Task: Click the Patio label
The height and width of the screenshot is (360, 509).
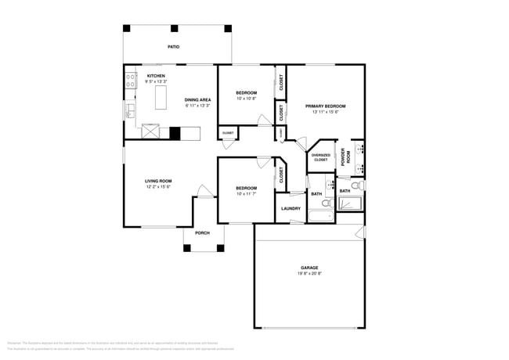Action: click(173, 47)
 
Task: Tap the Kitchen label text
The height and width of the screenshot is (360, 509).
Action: click(156, 76)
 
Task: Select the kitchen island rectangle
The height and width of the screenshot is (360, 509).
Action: click(163, 98)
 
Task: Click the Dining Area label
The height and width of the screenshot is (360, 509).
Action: click(197, 99)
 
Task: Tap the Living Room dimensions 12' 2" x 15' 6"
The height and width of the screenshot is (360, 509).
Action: click(157, 187)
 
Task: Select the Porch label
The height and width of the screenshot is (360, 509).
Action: click(202, 232)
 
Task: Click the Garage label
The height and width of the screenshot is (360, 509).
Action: click(309, 268)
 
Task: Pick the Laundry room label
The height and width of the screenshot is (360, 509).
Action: click(290, 208)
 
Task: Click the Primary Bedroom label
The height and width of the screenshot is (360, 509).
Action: click(325, 106)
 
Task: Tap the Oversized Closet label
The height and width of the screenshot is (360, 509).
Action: click(320, 157)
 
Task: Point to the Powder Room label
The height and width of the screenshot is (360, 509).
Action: click(343, 156)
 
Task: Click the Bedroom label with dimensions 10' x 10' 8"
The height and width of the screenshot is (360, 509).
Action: click(246, 93)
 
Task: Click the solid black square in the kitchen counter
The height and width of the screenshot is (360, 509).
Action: click(176, 133)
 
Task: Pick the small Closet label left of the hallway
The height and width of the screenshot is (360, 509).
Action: click(228, 133)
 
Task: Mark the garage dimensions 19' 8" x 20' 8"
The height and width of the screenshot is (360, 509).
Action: click(309, 274)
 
